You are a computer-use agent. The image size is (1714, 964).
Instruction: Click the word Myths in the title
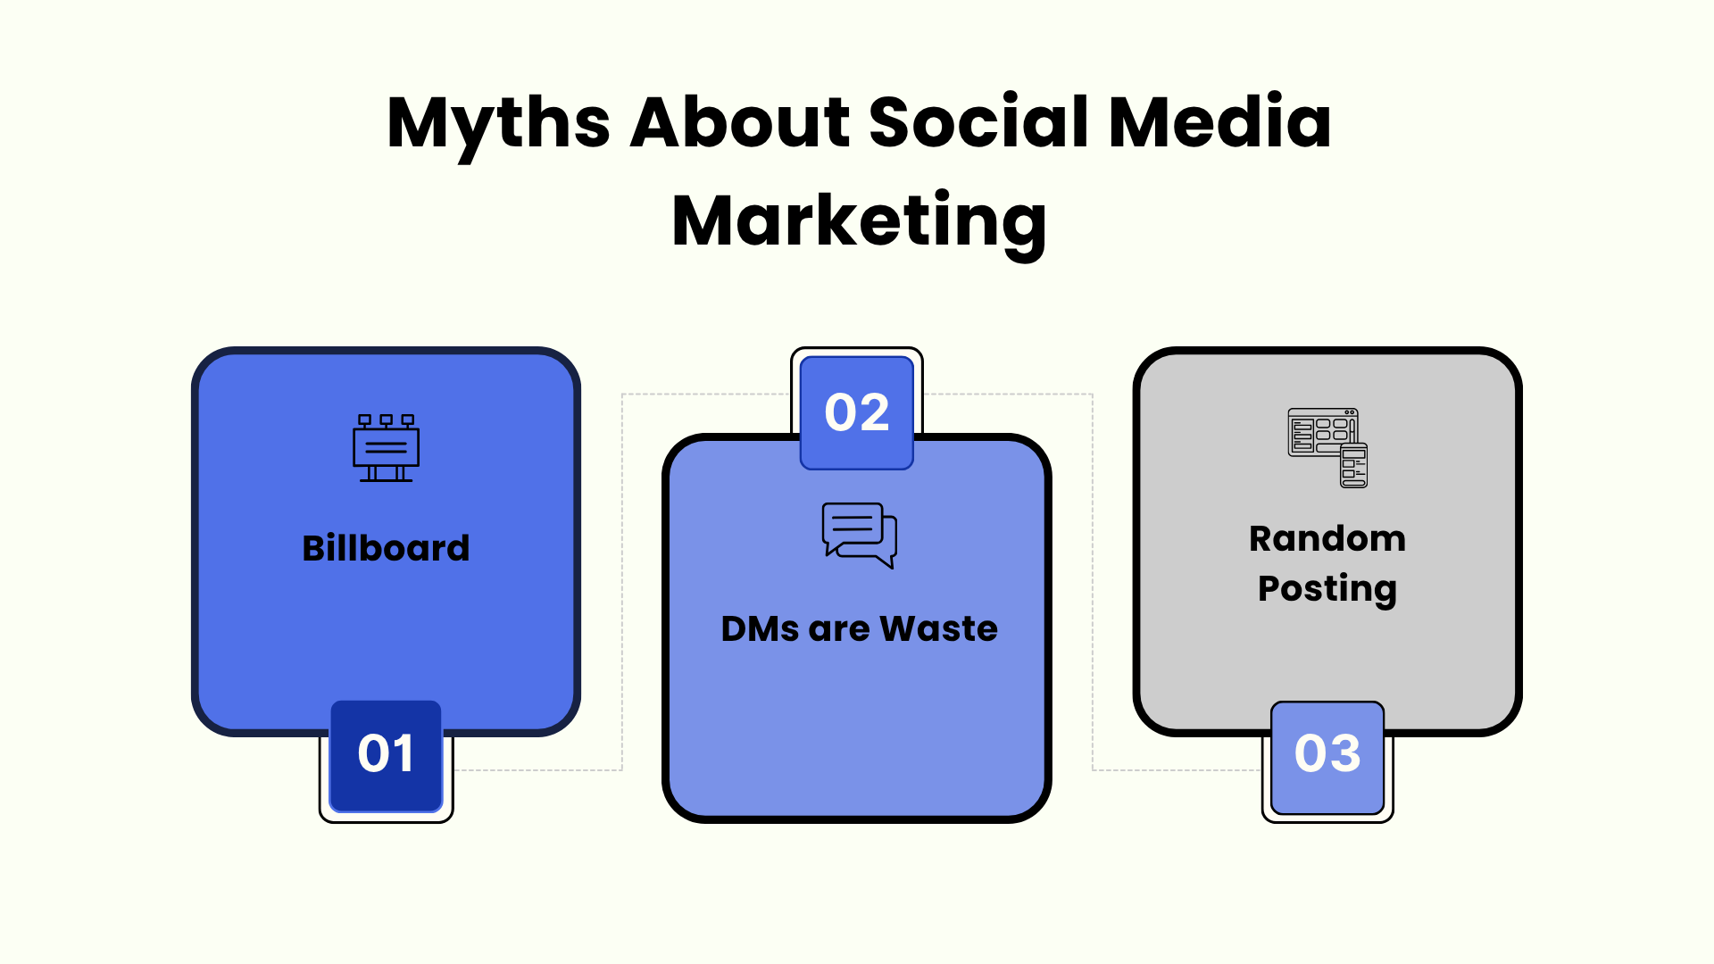[x=498, y=126]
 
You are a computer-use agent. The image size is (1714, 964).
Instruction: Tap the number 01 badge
[x=386, y=756]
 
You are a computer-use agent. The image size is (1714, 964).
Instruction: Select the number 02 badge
[x=857, y=412]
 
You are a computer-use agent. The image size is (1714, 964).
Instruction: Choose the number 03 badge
[x=1327, y=757]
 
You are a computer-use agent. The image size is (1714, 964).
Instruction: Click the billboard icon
[x=386, y=448]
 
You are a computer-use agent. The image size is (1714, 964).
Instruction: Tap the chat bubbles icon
[x=859, y=536]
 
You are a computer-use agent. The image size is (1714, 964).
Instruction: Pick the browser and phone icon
[x=1327, y=448]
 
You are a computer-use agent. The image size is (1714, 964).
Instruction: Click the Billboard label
[x=386, y=548]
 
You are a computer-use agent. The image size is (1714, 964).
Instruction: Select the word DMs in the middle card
[x=760, y=629]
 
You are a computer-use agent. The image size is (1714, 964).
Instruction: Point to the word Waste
[x=938, y=629]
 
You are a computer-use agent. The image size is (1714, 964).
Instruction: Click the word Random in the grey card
[x=1327, y=539]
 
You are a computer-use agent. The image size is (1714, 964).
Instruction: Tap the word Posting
[x=1327, y=590]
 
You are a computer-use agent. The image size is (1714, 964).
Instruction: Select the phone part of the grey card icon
[x=1354, y=466]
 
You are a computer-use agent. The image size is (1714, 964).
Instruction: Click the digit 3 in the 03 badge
[x=1345, y=753]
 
